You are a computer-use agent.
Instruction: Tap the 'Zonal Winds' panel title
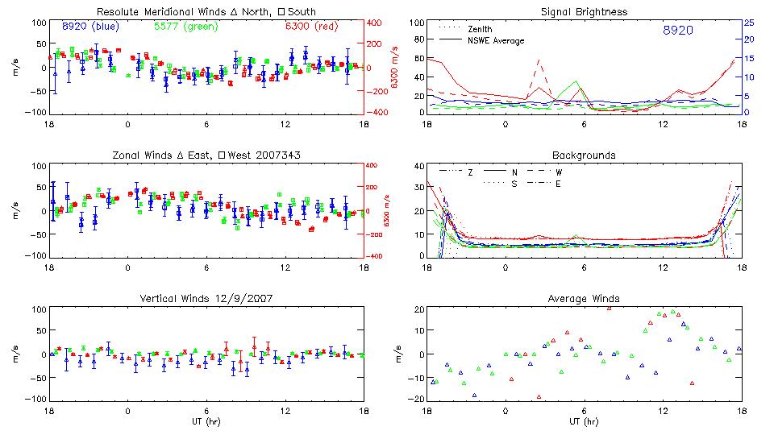click(206, 155)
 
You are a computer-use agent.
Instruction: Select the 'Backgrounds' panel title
click(584, 155)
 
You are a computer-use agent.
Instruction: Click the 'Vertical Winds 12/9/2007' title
click(206, 298)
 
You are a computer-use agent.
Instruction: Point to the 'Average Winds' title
click(584, 298)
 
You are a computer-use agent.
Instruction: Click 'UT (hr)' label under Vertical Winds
click(206, 420)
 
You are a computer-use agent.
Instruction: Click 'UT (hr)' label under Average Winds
click(584, 420)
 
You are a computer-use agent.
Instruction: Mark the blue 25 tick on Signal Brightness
click(748, 23)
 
